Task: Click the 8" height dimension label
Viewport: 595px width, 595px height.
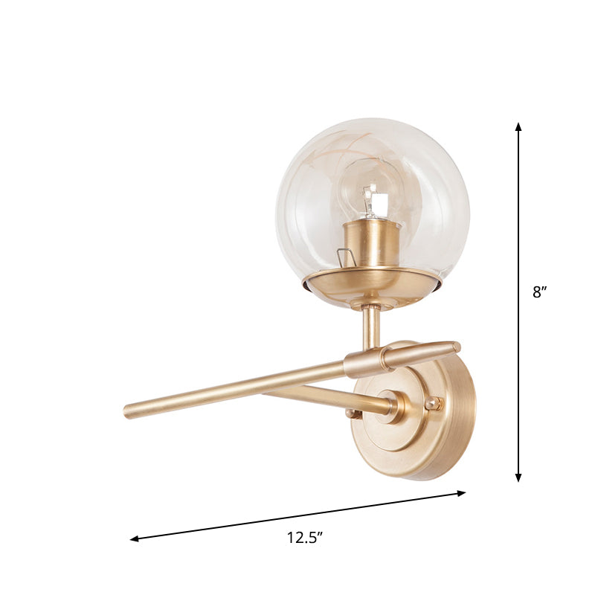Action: [x=539, y=292]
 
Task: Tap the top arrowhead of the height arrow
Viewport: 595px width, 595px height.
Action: [x=519, y=126]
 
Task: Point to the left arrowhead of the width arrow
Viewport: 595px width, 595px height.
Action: [x=135, y=538]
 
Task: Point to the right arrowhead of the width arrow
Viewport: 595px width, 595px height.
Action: [x=462, y=492]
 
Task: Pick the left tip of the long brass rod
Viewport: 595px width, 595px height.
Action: [x=128, y=410]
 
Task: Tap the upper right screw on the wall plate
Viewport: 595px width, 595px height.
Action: [x=432, y=403]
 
